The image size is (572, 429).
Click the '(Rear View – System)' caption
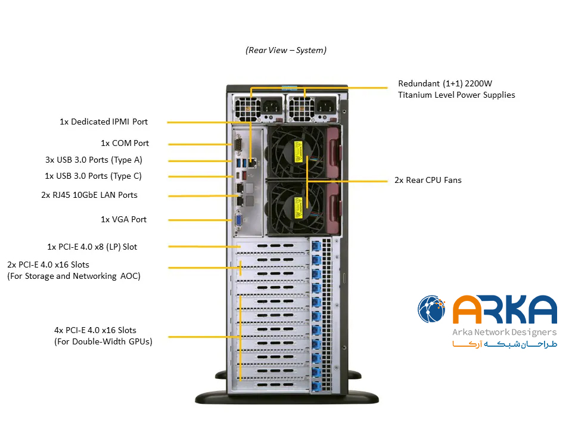pyautogui.click(x=286, y=51)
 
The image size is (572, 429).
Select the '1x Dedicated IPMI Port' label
pyautogui.click(x=104, y=122)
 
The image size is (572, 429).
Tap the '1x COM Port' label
pyautogui.click(x=125, y=144)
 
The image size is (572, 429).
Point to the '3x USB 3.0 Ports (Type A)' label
pyautogui.click(x=94, y=160)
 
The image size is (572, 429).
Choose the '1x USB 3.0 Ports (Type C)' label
pyautogui.click(x=93, y=176)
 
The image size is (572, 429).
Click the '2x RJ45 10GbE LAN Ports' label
pyautogui.click(x=89, y=195)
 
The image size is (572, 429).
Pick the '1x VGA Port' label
pyautogui.click(x=123, y=219)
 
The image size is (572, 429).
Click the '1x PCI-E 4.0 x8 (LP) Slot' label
pyautogui.click(x=92, y=247)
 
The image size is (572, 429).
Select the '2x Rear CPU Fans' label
pyautogui.click(x=428, y=180)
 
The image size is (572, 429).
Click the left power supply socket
pyautogui.click(x=266, y=107)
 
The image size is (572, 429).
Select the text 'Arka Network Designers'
pyautogui.click(x=505, y=332)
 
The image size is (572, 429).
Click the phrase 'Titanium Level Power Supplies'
pyautogui.click(x=456, y=95)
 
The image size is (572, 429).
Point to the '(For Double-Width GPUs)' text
pyautogui.click(x=103, y=341)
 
